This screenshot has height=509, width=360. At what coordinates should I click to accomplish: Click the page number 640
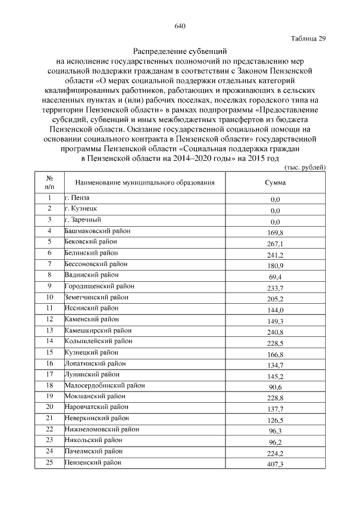pyautogui.click(x=180, y=26)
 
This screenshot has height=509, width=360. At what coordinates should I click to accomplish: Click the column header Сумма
pyautogui.click(x=275, y=183)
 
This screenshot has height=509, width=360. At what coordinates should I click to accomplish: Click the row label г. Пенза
pyautogui.click(x=77, y=198)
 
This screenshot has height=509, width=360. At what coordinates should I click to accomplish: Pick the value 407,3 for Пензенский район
pyautogui.click(x=275, y=465)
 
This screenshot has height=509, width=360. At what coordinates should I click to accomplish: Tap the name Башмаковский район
pyautogui.click(x=91, y=231)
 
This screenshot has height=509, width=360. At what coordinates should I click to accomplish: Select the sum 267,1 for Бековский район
pyautogui.click(x=275, y=244)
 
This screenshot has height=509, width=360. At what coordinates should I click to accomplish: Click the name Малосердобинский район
pyautogui.click(x=105, y=385)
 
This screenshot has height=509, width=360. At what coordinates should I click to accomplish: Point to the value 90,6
pyautogui.click(x=275, y=388)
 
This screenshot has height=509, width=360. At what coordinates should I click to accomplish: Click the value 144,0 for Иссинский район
pyautogui.click(x=275, y=310)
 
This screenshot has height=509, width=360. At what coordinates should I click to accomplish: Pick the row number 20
pyautogui.click(x=49, y=407)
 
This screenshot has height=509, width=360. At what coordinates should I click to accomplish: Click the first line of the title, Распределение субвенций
pyautogui.click(x=180, y=51)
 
